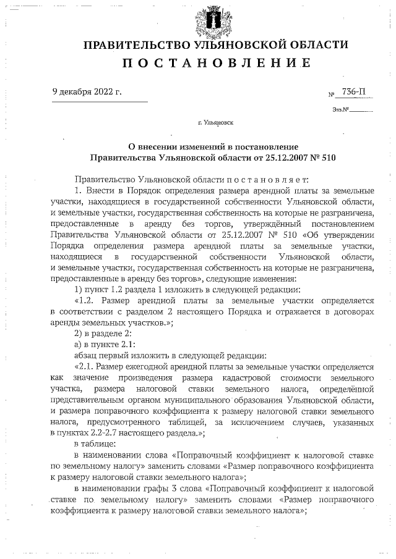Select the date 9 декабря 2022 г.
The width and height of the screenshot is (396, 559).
(87, 93)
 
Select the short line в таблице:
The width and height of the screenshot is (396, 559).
(95, 444)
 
